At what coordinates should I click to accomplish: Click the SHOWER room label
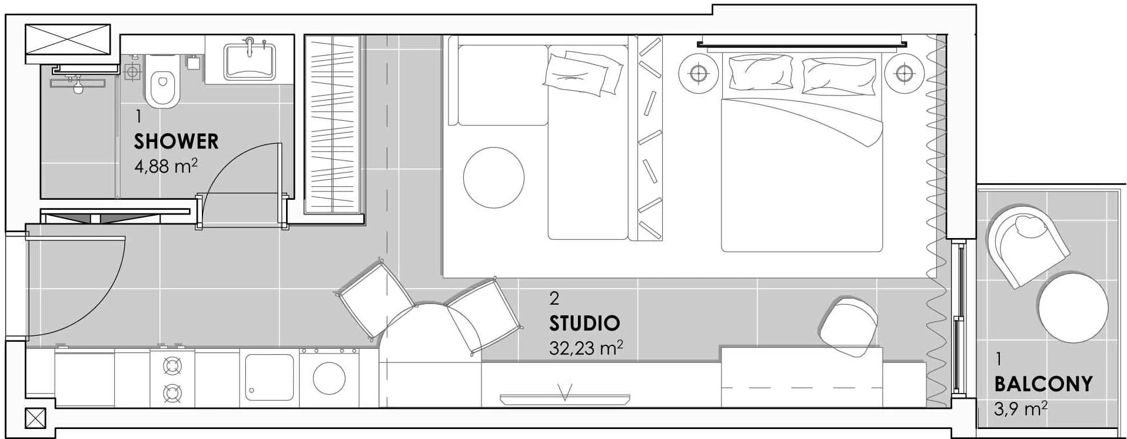[176, 141]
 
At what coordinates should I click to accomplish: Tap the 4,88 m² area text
[166, 166]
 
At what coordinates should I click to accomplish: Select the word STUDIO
[584, 323]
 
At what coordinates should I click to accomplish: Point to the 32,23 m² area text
[586, 348]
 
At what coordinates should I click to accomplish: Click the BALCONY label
[1043, 384]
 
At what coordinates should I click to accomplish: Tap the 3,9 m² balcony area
[1020, 408]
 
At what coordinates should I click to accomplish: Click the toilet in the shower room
[162, 81]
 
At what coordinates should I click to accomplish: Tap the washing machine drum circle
[329, 378]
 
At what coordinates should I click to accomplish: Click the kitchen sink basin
[269, 378]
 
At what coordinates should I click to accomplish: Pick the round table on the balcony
[1073, 307]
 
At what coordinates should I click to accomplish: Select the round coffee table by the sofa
[493, 177]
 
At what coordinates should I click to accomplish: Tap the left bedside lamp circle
[699, 74]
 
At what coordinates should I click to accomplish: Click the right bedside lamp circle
[904, 74]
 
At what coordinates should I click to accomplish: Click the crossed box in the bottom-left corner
[36, 418]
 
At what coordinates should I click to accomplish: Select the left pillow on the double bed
[760, 73]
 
